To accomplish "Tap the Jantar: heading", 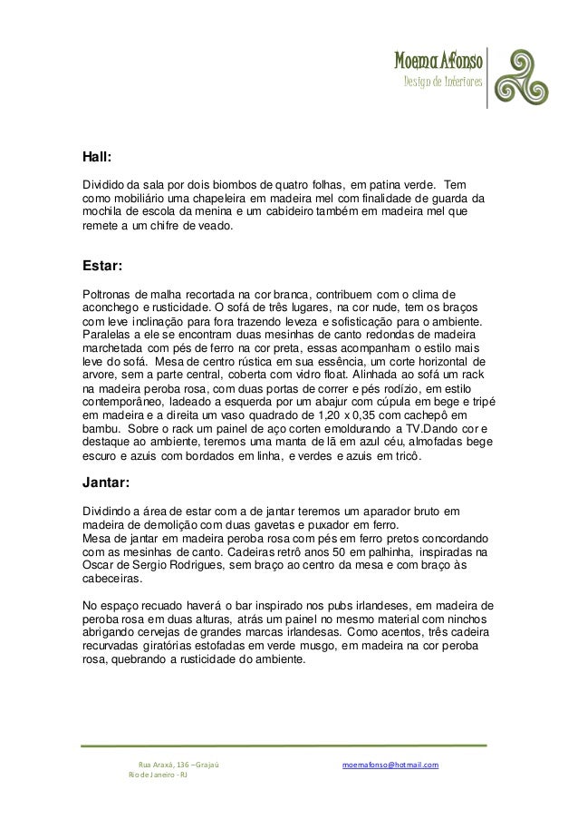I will click(x=107, y=482).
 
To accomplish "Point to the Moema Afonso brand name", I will click(x=438, y=63).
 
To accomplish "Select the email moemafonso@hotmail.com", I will click(x=390, y=765).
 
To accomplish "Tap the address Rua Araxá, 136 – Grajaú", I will click(x=178, y=765).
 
